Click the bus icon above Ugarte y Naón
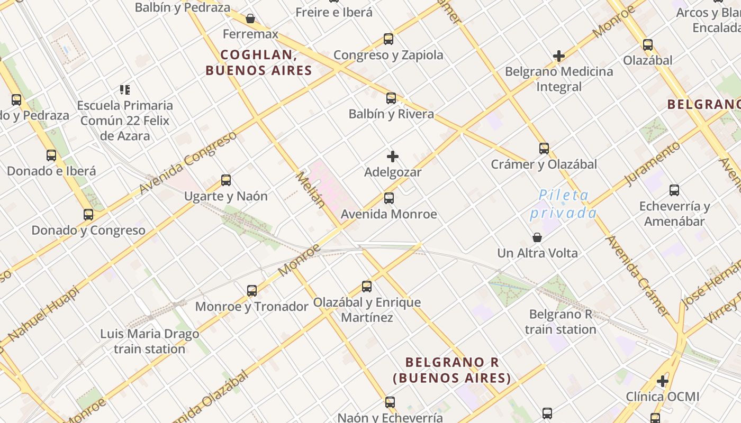(x=226, y=180)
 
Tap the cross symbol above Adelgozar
(x=393, y=157)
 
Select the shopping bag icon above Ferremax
(x=250, y=19)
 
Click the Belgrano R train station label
(x=561, y=322)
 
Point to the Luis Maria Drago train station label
(x=150, y=342)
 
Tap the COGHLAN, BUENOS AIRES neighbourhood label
(x=258, y=62)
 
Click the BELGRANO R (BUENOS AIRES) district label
(x=452, y=370)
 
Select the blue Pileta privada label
(x=563, y=204)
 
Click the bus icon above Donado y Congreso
(x=88, y=215)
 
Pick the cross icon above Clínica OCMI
(x=663, y=381)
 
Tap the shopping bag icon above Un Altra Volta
(x=537, y=237)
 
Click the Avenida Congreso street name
(x=188, y=162)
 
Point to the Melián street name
(x=311, y=189)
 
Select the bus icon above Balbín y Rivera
(x=391, y=98)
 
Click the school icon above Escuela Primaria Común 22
(x=125, y=90)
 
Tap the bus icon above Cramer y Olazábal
(x=544, y=149)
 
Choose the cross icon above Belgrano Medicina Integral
(x=559, y=56)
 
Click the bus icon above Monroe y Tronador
(x=252, y=291)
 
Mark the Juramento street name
(x=652, y=163)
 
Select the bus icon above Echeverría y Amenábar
(x=674, y=190)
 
